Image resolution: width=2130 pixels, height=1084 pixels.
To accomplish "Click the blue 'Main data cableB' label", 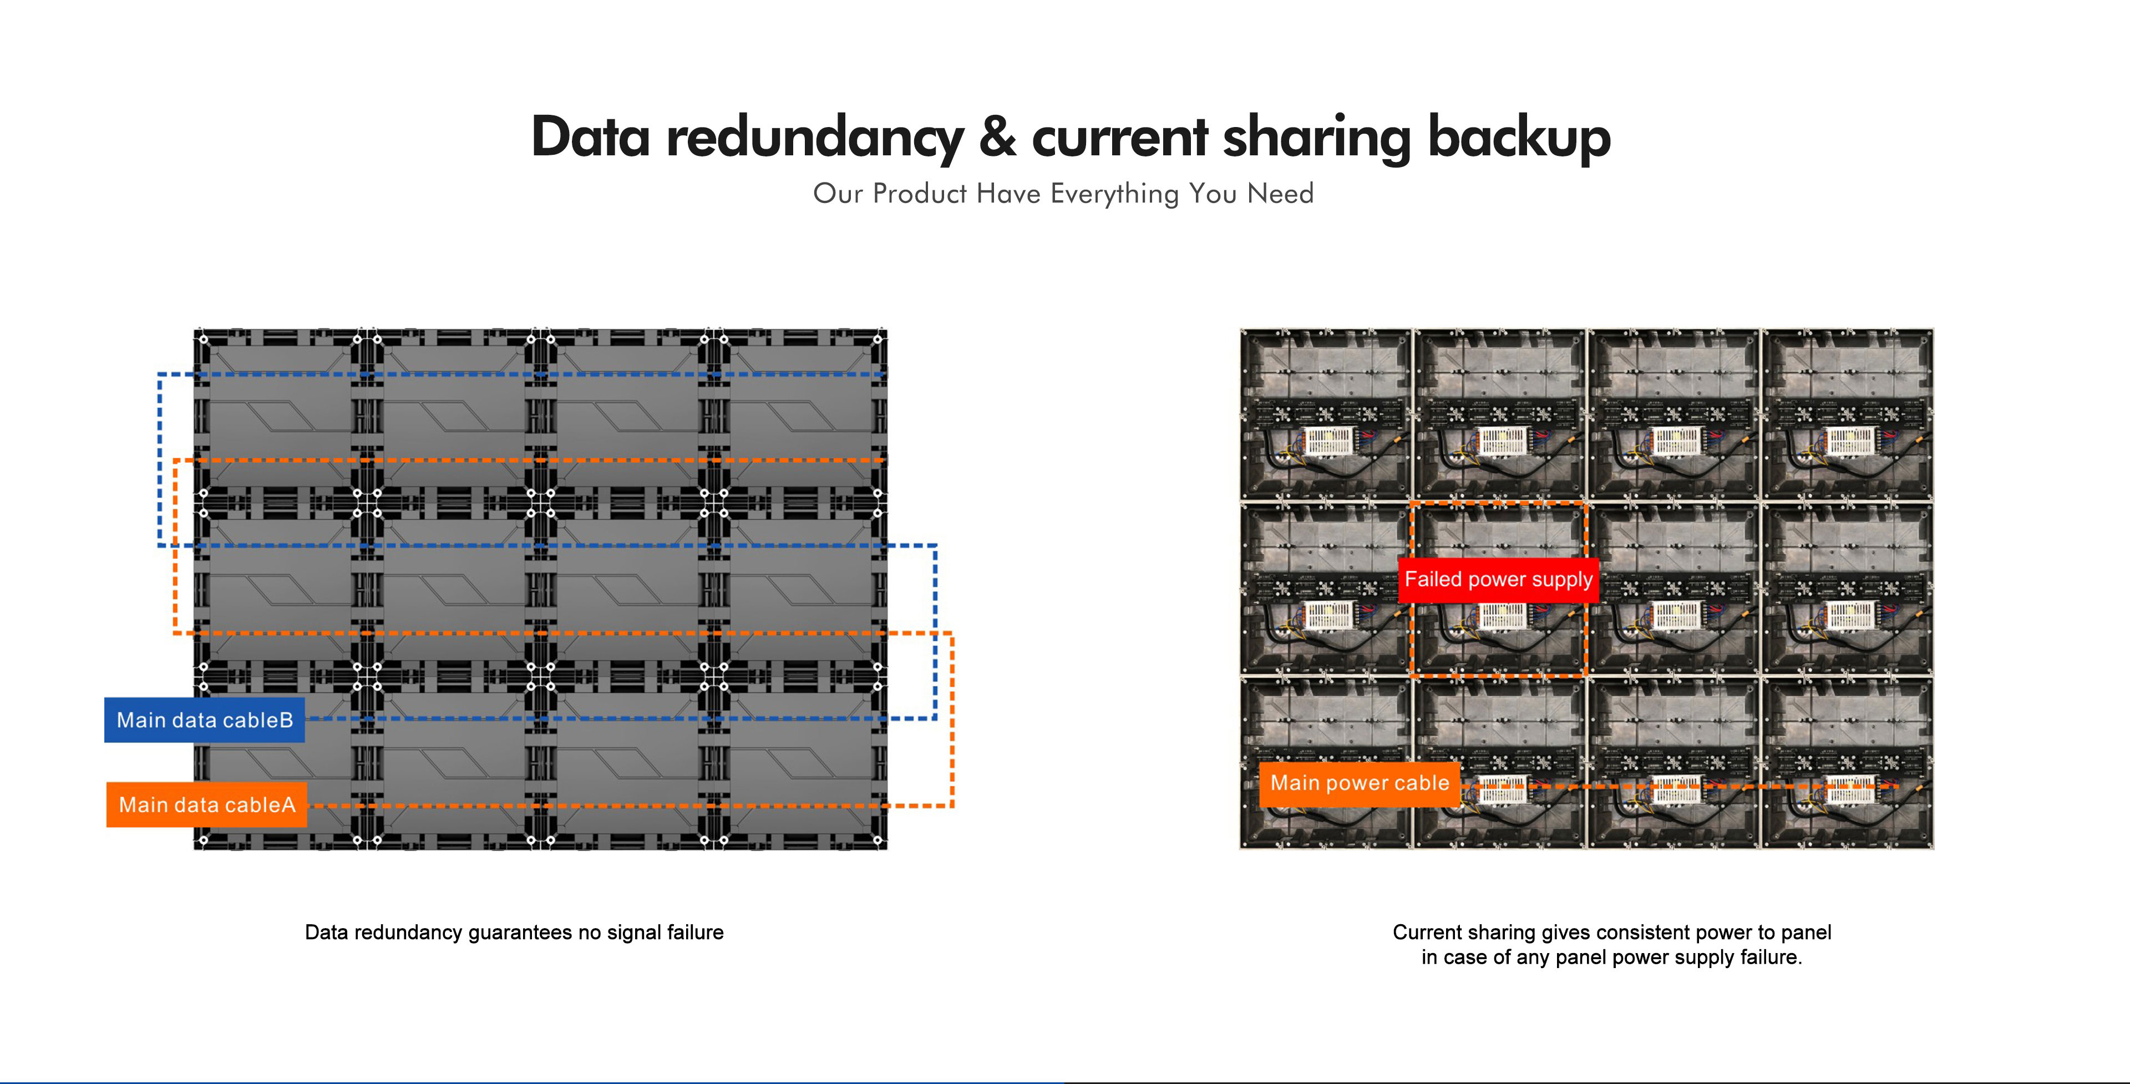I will (x=204, y=720).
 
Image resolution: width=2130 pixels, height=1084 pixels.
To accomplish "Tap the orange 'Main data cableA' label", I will (x=207, y=804).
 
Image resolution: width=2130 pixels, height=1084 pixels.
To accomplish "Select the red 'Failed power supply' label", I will (x=1498, y=579).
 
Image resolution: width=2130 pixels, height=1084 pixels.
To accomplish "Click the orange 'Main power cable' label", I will (x=1360, y=783).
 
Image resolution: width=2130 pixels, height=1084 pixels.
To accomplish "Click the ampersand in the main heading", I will (x=997, y=137).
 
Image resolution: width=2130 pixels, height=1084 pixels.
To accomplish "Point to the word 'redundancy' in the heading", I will (x=814, y=137).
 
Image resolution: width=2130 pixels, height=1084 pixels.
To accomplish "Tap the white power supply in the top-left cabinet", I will (x=1328, y=440).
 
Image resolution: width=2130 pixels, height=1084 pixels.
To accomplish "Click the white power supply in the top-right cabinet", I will (x=1850, y=440).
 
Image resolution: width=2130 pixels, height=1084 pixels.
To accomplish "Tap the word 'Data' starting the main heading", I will (x=590, y=137).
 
